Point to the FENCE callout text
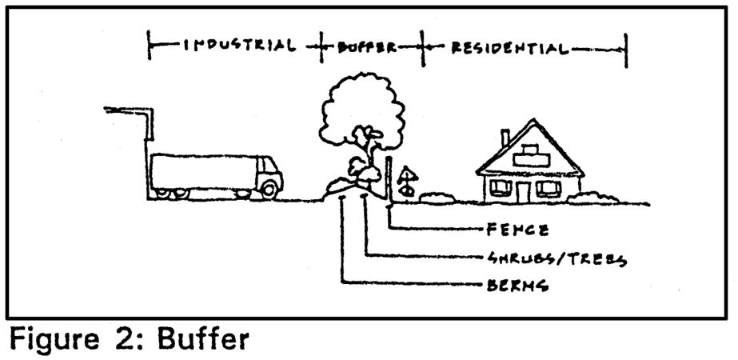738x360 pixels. (517, 230)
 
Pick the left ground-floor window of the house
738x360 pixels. (501, 188)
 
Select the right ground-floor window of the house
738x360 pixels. (548, 188)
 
